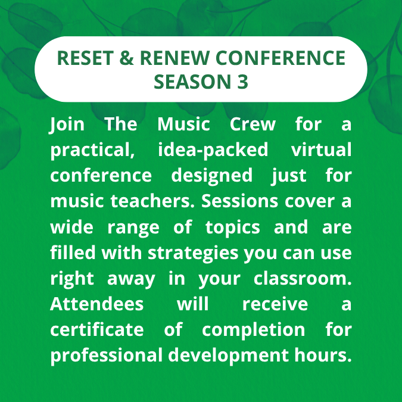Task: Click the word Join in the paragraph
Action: click(x=67, y=125)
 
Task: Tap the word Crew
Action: click(x=253, y=125)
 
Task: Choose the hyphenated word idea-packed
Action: click(x=213, y=151)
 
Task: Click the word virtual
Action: click(x=321, y=151)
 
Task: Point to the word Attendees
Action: click(x=96, y=304)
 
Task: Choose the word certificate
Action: click(x=96, y=330)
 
